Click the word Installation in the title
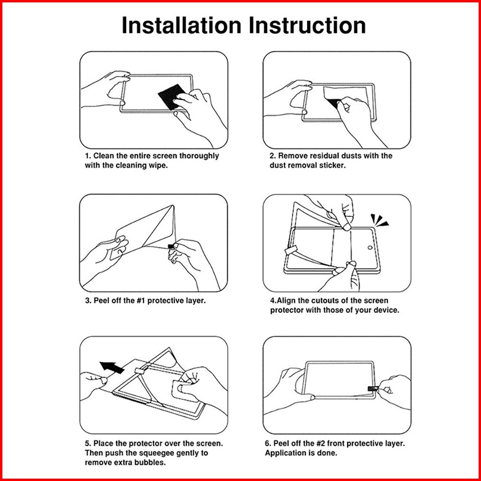click(181, 25)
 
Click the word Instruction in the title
click(307, 25)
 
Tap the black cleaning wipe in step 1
click(172, 96)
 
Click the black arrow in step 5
click(112, 367)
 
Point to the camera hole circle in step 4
click(370, 248)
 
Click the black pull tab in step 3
click(171, 246)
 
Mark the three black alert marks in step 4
click(380, 220)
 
